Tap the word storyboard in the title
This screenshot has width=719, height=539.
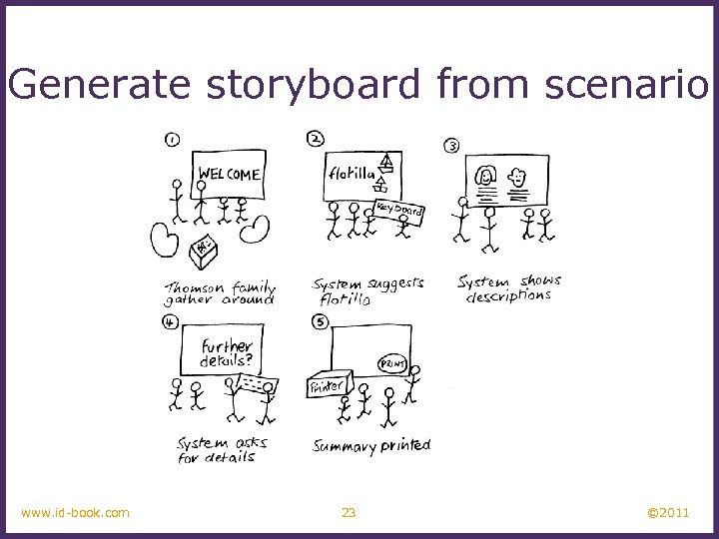(317, 86)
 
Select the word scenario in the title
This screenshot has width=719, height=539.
(626, 86)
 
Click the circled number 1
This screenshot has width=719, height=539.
(172, 140)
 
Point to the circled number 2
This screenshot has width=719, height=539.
(316, 139)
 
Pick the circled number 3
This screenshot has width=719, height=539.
(451, 146)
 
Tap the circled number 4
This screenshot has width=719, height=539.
(171, 321)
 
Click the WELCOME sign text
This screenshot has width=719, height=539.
(229, 174)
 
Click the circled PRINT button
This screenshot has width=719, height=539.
(392, 364)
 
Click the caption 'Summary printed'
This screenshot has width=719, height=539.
(371, 445)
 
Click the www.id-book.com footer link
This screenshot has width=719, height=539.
(75, 513)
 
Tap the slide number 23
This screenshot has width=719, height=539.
(349, 513)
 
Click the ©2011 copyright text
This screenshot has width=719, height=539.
(668, 513)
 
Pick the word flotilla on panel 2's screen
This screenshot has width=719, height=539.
(351, 174)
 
